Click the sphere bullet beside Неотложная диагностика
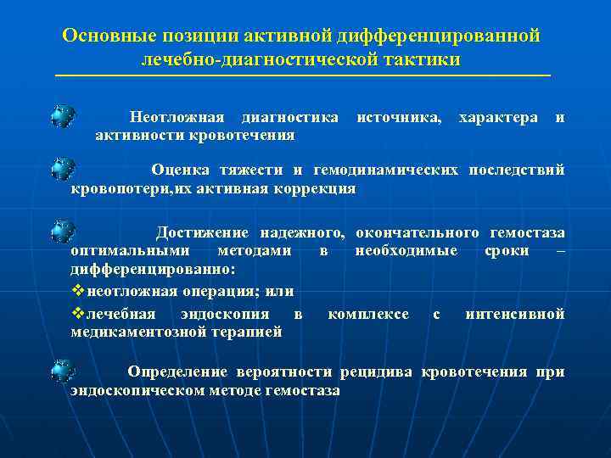62,116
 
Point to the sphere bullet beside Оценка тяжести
62,170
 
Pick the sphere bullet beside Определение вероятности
62,371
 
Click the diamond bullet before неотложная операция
78,291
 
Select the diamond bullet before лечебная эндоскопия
78,314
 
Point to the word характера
497,116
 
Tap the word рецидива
376,371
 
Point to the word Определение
177,371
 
